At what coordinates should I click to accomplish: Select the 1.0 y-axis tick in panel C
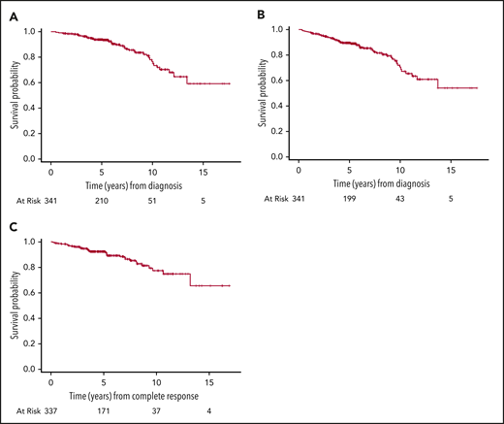(x=33, y=242)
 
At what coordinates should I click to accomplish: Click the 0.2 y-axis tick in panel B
(x=280, y=130)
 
